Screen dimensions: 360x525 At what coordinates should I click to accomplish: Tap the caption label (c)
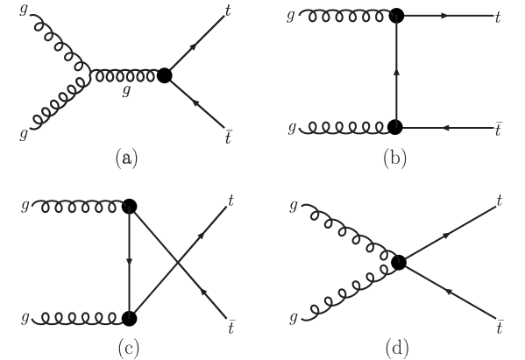coord(128,348)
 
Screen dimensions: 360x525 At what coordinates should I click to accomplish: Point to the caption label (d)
coord(396,348)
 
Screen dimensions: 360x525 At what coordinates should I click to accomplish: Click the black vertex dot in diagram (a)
coord(164,75)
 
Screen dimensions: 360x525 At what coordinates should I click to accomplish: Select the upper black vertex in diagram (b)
coord(396,16)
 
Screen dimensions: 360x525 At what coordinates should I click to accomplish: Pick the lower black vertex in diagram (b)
coord(396,128)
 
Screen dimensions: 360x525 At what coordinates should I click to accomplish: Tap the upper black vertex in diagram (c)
coord(129,208)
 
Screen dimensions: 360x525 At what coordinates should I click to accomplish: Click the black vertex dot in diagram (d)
coord(400,261)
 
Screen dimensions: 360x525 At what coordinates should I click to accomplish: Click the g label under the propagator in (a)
coord(127,89)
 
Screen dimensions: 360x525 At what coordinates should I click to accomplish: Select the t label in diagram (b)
coord(498,16)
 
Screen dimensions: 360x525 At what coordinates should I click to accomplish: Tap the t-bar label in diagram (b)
coord(498,128)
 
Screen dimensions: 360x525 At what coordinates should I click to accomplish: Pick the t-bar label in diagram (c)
coord(230,326)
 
